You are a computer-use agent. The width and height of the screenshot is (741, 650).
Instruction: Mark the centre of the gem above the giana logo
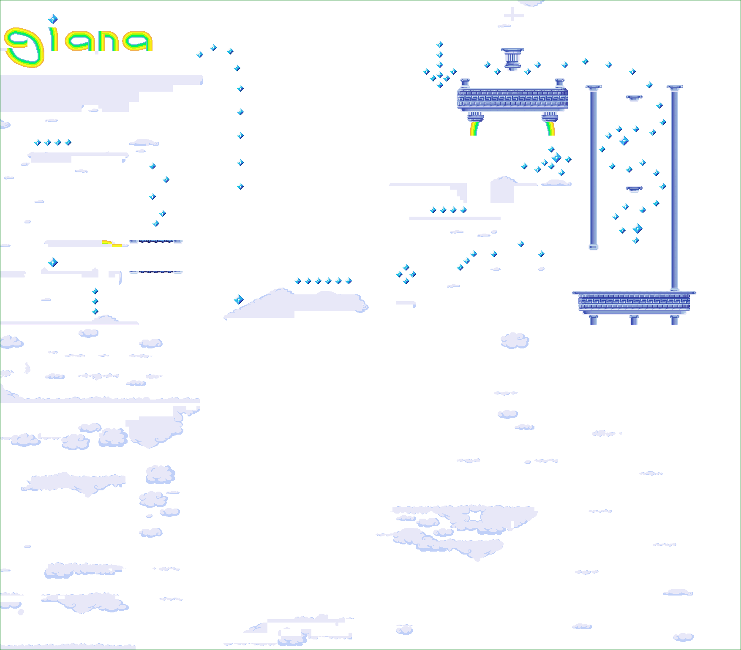tap(53, 19)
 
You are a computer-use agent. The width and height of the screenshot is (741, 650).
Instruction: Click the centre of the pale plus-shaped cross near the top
tap(514, 15)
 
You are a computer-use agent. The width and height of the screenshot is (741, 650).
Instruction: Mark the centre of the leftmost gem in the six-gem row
tap(298, 281)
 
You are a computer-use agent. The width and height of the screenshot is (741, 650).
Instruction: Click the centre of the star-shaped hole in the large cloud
tap(475, 517)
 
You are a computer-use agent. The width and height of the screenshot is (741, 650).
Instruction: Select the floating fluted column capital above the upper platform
tap(512, 59)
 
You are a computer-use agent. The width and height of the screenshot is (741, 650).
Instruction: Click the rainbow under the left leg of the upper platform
tap(474, 128)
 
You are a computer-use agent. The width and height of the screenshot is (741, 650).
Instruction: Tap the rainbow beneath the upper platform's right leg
tap(550, 128)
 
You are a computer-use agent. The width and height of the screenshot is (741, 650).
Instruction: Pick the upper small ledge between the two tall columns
tap(634, 98)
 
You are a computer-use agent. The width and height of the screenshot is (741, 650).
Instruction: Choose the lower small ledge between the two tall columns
tap(634, 189)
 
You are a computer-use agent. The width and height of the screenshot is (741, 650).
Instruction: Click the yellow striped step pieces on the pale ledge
tap(112, 243)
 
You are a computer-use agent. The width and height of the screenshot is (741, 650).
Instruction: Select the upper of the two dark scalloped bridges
tap(156, 242)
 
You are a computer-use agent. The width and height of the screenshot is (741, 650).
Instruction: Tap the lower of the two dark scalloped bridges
tap(156, 272)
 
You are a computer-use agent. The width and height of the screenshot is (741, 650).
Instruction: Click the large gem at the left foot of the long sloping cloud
tap(239, 299)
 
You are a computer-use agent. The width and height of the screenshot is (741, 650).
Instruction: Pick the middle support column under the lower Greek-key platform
tap(634, 320)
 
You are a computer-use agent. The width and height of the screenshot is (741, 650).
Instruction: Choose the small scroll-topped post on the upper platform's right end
tap(560, 83)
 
